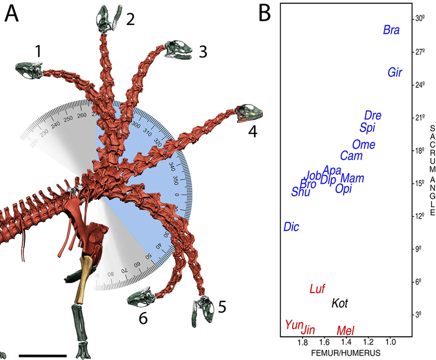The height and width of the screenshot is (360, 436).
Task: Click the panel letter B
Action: point(263,12)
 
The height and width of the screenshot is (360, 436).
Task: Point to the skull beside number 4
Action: point(250,112)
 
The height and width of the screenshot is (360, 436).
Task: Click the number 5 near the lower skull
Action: point(222,306)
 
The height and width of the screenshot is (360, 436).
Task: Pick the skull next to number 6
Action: point(141,297)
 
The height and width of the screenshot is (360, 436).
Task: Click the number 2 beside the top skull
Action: point(130,19)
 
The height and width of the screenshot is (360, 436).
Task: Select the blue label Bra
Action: point(391,30)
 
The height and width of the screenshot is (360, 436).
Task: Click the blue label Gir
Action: point(395,72)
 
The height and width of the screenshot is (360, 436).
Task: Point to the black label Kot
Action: point(339,303)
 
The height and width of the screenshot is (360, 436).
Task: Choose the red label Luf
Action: point(318,288)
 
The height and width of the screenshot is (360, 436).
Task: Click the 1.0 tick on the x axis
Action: point(391,343)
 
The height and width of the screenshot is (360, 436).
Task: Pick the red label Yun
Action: point(293,324)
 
